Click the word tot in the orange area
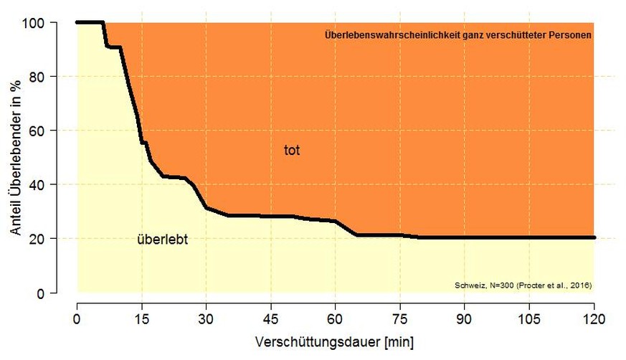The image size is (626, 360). point(291,151)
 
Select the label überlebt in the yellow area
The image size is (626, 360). point(162,240)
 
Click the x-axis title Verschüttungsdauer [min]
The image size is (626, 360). point(334,342)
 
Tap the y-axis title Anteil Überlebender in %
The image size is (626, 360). point(15,157)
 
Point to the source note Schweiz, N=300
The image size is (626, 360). point(523,285)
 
